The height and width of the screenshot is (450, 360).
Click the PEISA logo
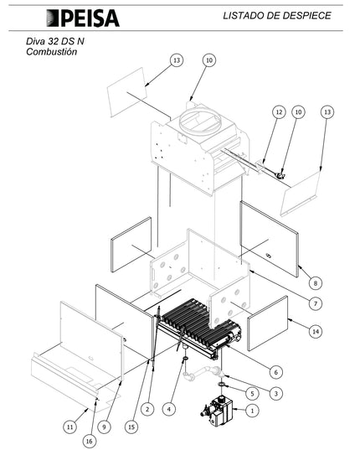click(x=83, y=18)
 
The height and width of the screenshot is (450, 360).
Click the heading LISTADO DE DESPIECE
click(x=277, y=15)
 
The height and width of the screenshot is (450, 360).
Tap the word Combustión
click(x=52, y=52)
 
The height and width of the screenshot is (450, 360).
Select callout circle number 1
click(x=252, y=411)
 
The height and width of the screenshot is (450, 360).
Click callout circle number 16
click(x=89, y=441)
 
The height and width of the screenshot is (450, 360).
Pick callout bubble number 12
click(x=279, y=112)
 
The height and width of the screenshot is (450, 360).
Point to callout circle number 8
click(x=316, y=283)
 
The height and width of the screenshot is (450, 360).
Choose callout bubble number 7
click(x=316, y=303)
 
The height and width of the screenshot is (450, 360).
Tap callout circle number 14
click(x=316, y=332)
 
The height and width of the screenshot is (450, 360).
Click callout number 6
click(x=276, y=372)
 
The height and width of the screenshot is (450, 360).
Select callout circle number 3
click(x=276, y=393)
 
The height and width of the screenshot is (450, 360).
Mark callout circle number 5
click(x=252, y=393)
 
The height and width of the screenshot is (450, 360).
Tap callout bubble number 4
click(x=169, y=409)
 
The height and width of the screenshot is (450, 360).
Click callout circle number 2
click(x=147, y=409)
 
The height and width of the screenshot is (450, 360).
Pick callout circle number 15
click(x=131, y=427)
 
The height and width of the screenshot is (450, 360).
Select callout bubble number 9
click(x=104, y=427)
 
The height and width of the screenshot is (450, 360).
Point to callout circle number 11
click(x=70, y=427)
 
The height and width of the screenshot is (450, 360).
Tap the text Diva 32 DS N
click(x=55, y=41)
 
